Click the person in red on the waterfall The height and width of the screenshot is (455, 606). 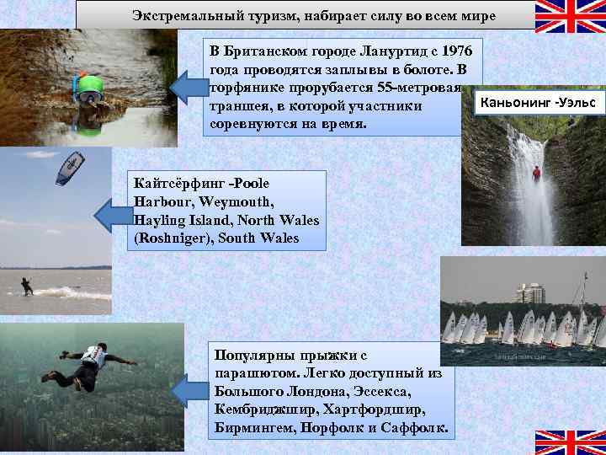535,174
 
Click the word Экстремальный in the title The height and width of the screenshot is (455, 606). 179,15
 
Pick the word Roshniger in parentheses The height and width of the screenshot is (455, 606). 173,238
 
